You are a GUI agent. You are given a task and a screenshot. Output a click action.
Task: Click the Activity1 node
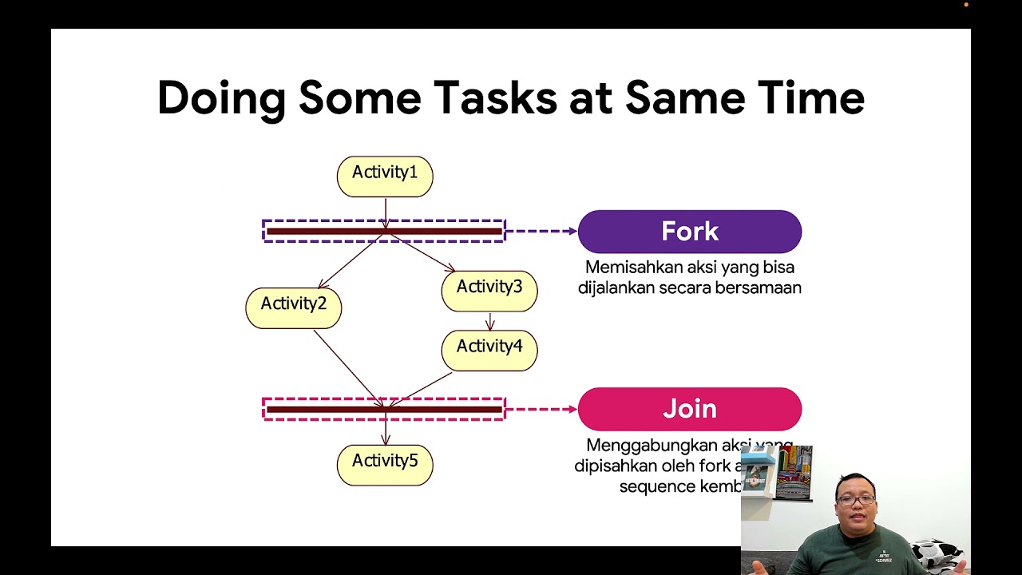coord(385,176)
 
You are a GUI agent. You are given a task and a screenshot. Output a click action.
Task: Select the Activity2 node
coord(293,307)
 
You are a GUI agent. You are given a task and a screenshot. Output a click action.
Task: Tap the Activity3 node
coord(489,290)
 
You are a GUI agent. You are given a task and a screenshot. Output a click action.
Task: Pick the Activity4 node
coord(489,350)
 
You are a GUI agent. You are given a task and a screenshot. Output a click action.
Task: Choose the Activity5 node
coord(385,464)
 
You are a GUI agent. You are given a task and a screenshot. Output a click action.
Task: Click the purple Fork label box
coord(689,232)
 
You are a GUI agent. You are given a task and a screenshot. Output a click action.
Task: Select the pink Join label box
coord(689,409)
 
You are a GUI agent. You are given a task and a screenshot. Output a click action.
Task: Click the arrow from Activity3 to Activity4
coord(490,321)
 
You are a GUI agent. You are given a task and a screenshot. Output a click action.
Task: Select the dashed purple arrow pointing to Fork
coord(541,232)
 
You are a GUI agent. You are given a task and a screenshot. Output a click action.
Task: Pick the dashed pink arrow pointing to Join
coord(541,409)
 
